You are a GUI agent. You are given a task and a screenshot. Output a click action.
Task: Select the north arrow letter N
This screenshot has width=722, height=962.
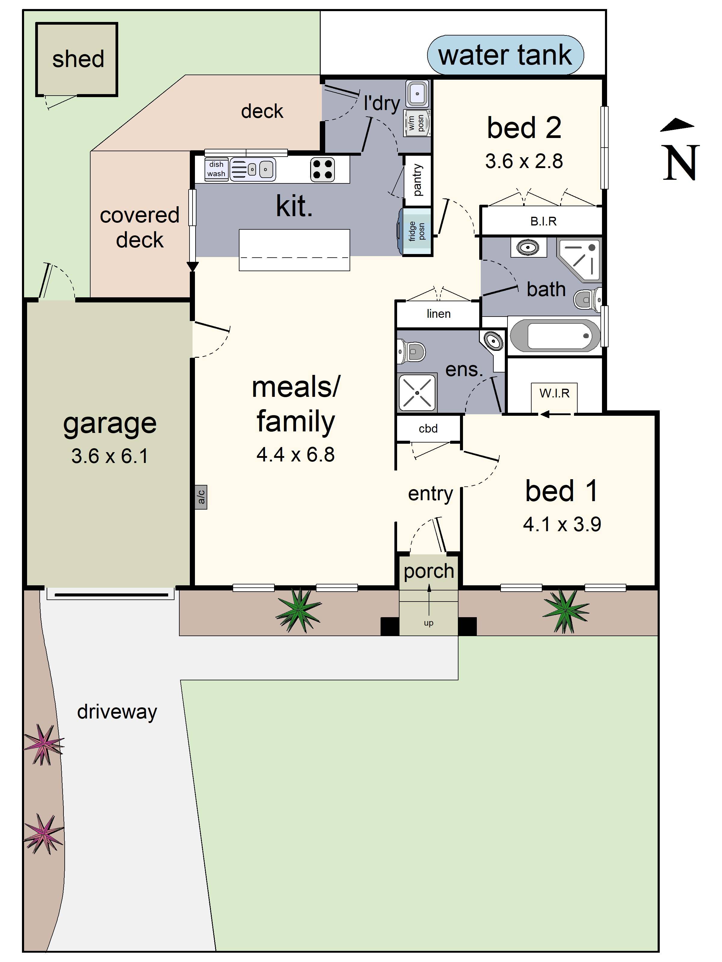click(x=680, y=163)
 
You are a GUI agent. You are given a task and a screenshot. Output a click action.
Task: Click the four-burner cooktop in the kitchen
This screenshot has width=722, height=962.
click(x=322, y=169)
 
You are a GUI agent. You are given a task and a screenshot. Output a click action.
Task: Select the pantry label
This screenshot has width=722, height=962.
click(x=417, y=180)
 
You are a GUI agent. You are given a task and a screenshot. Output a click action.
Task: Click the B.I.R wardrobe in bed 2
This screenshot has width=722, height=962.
click(x=543, y=221)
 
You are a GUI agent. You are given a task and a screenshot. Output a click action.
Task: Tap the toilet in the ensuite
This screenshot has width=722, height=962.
click(x=411, y=351)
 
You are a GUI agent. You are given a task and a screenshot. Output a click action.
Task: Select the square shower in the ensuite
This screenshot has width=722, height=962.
click(x=417, y=393)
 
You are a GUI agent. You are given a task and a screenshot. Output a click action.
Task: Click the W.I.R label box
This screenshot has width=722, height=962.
click(x=554, y=394)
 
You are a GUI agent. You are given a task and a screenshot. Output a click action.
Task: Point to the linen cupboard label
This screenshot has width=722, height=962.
click(x=438, y=314)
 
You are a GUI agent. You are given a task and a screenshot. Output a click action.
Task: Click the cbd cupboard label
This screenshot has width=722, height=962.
click(x=428, y=429)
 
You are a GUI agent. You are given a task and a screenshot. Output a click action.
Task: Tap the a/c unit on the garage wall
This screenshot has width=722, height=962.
click(x=201, y=497)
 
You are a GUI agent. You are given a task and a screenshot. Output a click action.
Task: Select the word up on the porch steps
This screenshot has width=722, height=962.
click(x=428, y=623)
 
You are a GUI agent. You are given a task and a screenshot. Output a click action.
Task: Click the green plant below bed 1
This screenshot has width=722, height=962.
click(x=565, y=610)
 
